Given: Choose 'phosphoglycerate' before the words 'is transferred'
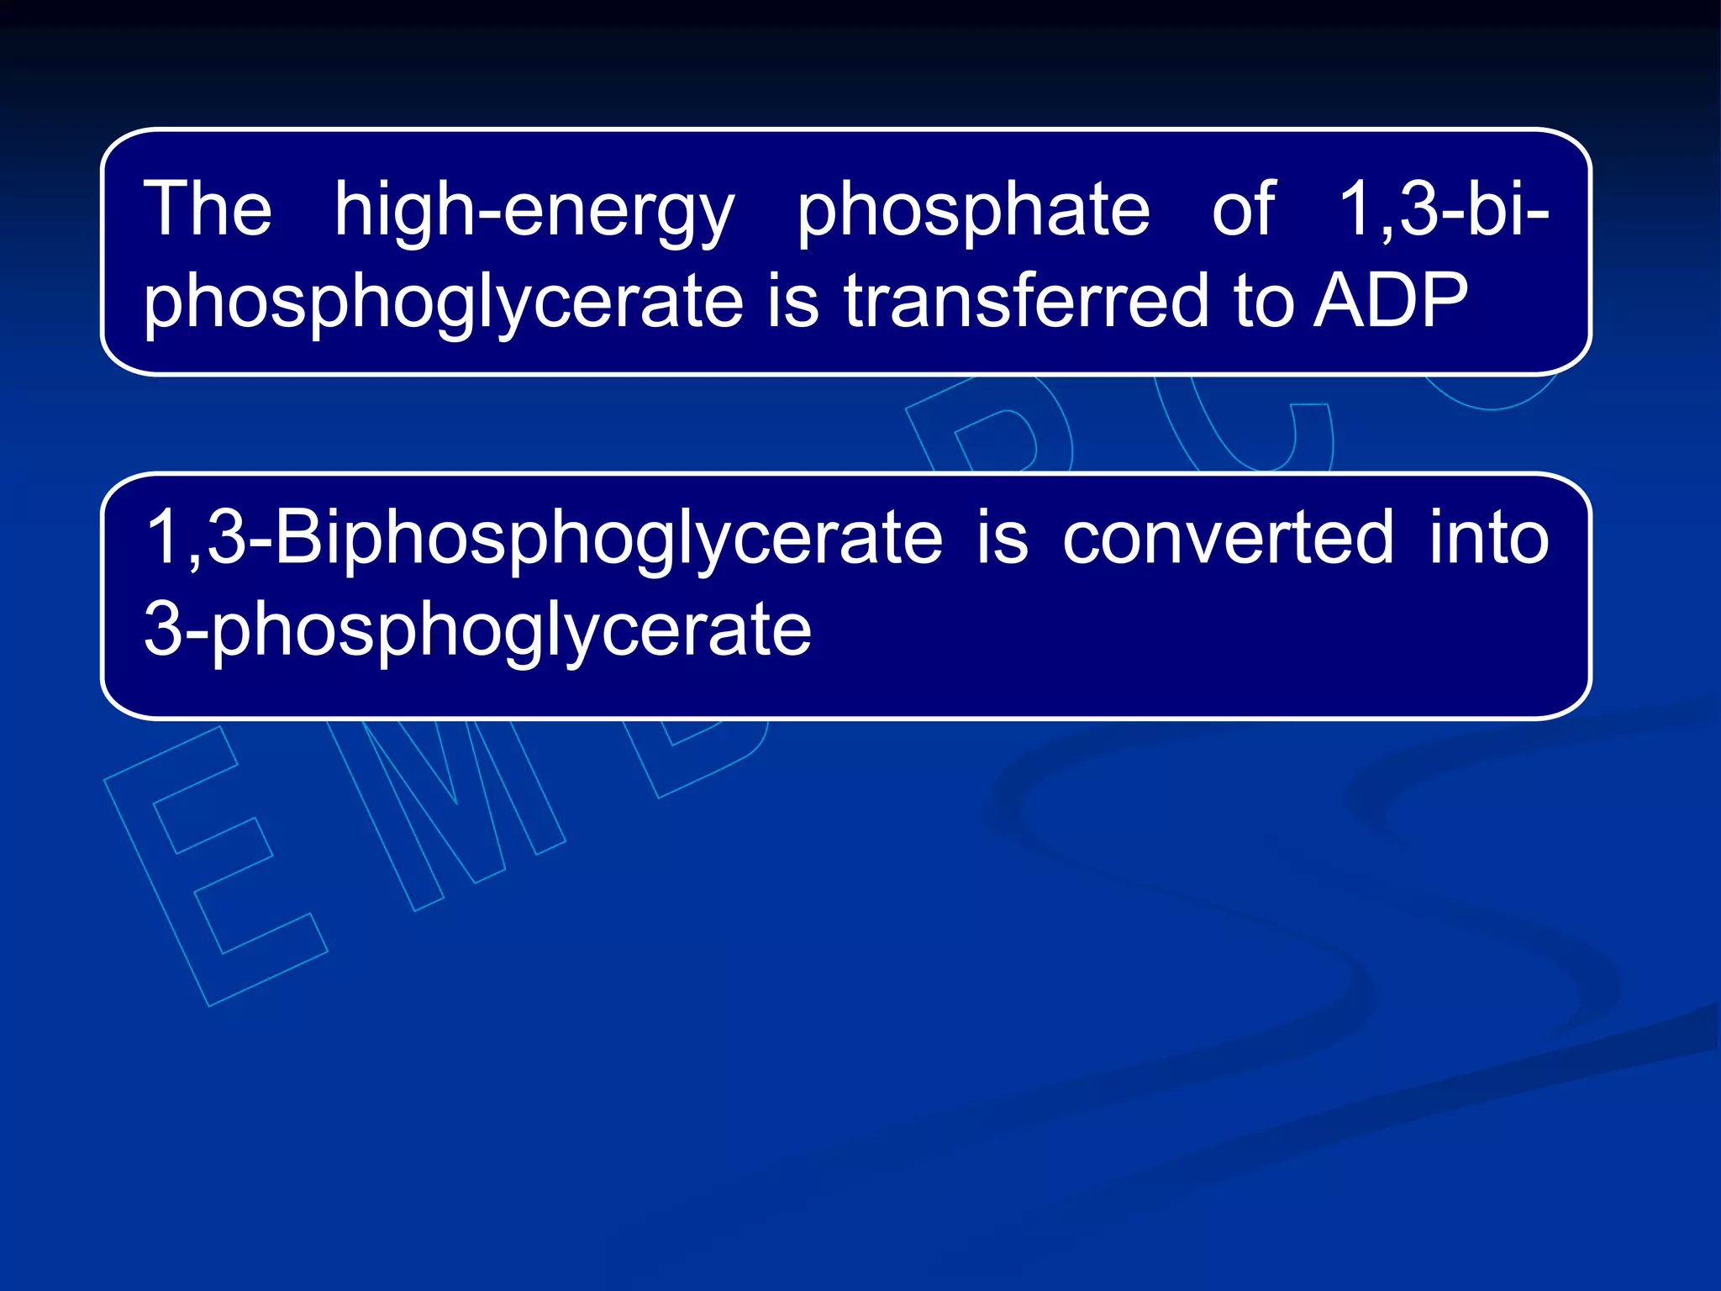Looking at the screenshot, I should (444, 303).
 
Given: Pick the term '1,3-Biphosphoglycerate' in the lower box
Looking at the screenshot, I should (544, 539).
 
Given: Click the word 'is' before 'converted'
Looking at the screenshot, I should (1002, 538).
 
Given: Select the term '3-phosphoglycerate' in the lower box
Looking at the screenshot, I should (477, 630).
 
